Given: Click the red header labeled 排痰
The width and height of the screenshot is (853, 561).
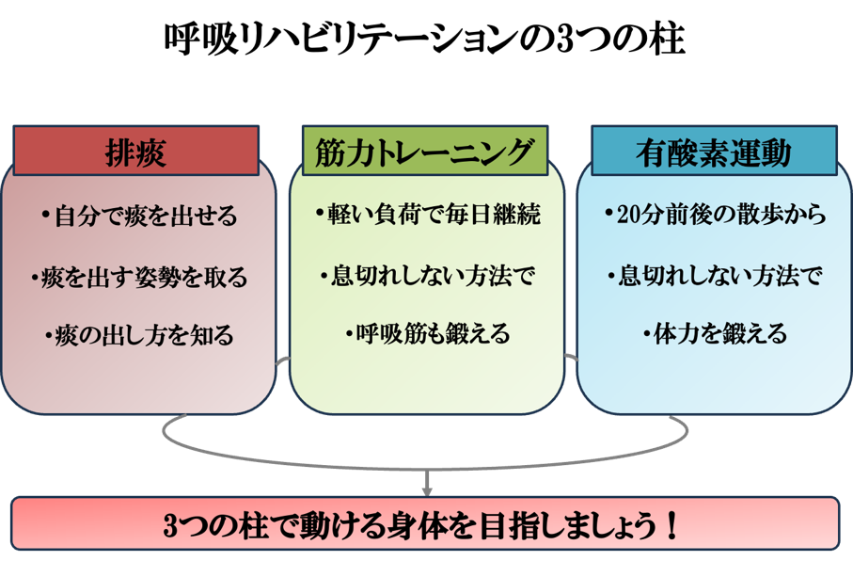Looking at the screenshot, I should coord(135,152).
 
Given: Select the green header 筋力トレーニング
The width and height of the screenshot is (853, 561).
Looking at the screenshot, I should coord(426,152).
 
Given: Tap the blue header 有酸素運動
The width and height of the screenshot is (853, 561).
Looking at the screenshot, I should coord(714,152).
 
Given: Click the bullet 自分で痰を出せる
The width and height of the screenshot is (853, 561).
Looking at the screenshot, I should coord(139,216).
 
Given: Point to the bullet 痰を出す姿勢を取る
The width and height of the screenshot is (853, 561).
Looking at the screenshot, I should coord(139,277).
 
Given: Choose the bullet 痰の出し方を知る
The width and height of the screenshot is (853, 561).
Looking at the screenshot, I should coord(139,334).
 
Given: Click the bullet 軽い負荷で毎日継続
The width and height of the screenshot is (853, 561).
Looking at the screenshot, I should coord(427,216).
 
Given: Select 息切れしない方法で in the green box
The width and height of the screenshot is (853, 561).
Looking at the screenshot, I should coord(427,276).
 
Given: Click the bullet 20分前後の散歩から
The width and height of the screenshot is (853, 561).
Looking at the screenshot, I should coord(715,216).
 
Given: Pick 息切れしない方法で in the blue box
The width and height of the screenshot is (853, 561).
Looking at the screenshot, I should coord(715,276).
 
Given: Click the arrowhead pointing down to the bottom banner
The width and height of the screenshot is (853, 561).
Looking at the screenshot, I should coord(426,489).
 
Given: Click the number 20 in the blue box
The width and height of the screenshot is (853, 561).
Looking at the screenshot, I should coord(628,216).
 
